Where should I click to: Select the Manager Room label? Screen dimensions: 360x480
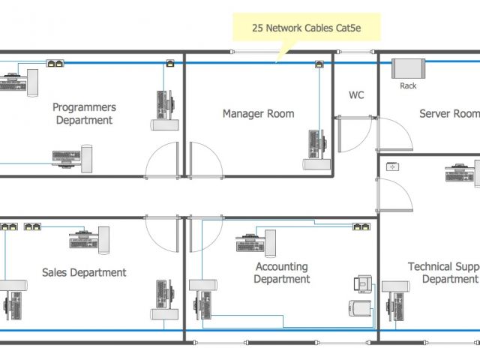tap(258, 114)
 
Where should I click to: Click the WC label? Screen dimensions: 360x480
tap(356, 95)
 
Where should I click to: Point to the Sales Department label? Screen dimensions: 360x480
tap(84, 272)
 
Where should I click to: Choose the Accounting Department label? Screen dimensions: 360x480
tap(282, 273)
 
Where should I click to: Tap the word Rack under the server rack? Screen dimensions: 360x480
tap(408, 85)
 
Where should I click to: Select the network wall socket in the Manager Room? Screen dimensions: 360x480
tap(320, 64)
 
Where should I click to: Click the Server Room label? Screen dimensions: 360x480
tap(448, 114)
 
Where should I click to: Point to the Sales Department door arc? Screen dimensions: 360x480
tap(163, 235)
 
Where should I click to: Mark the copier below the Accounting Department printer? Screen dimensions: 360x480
tap(359, 309)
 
